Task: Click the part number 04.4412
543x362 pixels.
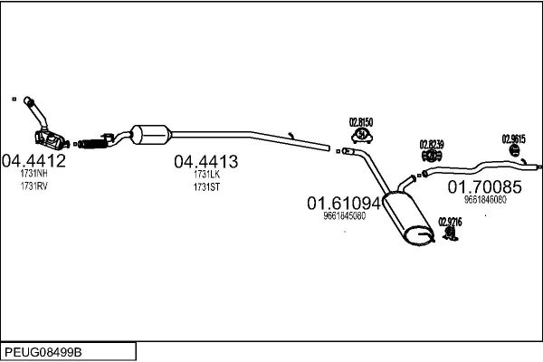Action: click(x=33, y=161)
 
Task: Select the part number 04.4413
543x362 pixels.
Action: click(x=205, y=161)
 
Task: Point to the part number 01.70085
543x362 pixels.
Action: click(x=485, y=187)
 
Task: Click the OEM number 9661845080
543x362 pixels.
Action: click(x=344, y=216)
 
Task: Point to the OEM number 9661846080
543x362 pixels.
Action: click(x=485, y=200)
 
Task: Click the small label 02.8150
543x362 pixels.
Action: click(x=362, y=121)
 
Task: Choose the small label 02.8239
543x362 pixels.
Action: click(x=431, y=143)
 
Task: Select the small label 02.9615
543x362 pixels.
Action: click(x=513, y=138)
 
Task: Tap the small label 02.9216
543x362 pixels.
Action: click(x=450, y=220)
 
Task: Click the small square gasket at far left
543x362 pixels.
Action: click(x=14, y=99)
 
